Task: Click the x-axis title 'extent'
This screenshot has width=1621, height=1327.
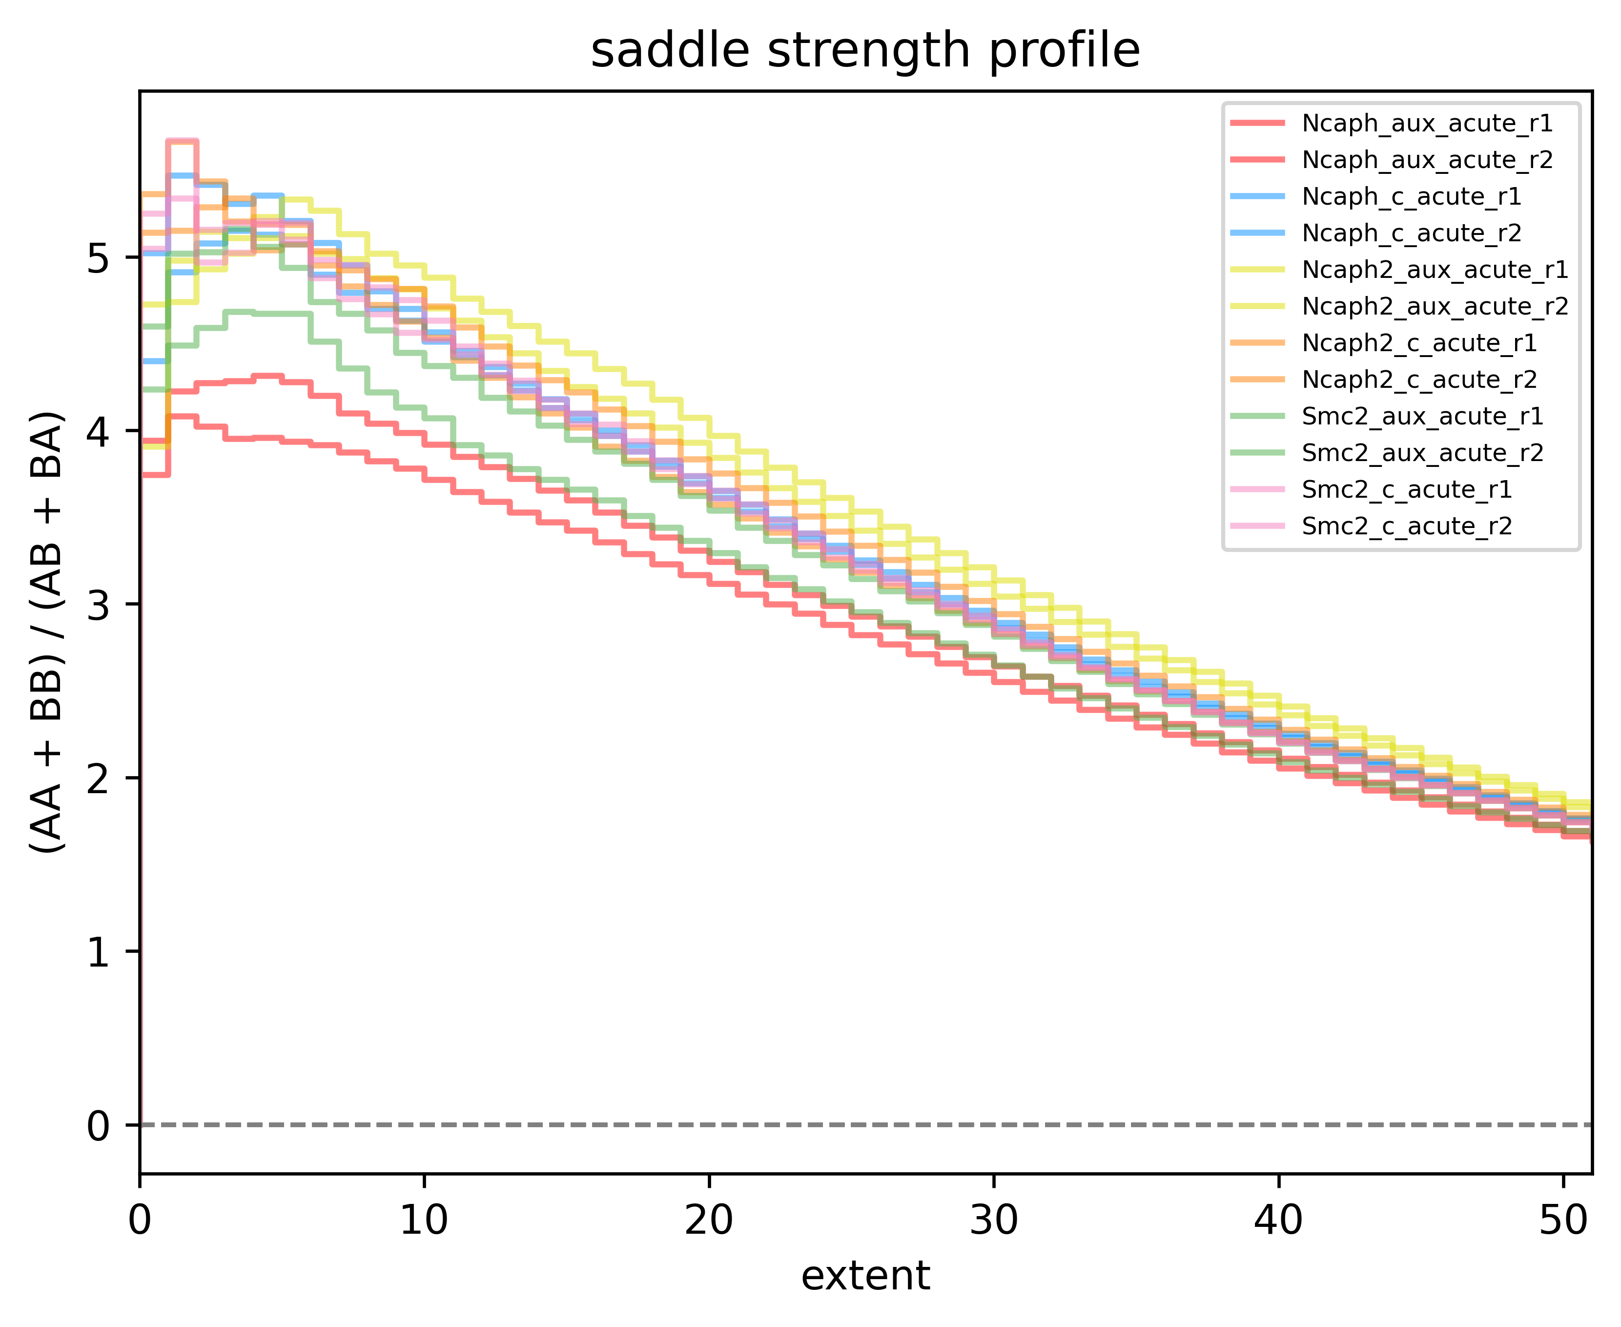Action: [865, 1276]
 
